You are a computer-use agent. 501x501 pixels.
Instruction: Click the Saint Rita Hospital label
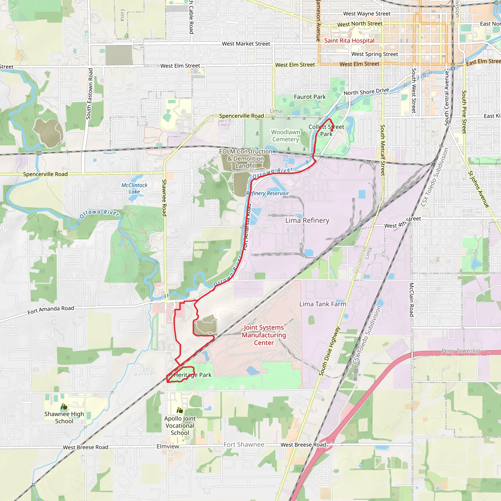(x=349, y=41)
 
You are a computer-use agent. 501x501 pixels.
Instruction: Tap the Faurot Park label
(x=310, y=97)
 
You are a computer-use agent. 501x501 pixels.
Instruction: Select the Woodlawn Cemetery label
(x=285, y=136)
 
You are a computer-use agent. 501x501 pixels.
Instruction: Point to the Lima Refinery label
(x=307, y=220)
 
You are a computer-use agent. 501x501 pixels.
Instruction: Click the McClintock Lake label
(x=134, y=188)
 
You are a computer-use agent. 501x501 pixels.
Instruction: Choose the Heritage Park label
(x=193, y=375)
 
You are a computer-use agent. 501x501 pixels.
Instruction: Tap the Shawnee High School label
(x=64, y=418)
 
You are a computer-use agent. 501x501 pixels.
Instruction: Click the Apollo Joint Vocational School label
(x=180, y=426)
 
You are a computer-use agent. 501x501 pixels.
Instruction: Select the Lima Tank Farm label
(x=323, y=304)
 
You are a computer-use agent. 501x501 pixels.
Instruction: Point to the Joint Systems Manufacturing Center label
(x=264, y=335)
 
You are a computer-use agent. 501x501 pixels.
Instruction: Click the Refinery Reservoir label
(x=267, y=194)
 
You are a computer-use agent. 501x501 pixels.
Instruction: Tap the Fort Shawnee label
(x=244, y=444)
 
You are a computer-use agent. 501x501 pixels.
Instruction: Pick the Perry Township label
(x=461, y=351)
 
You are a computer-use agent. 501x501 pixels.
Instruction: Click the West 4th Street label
(x=403, y=222)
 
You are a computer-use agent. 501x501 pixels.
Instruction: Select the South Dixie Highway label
(x=329, y=351)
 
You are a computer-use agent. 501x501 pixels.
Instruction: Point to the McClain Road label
(x=411, y=299)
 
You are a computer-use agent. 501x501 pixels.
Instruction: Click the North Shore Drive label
(x=366, y=91)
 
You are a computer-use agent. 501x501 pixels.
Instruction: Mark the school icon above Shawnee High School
(x=64, y=407)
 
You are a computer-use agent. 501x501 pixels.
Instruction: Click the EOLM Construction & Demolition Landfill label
(x=246, y=159)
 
